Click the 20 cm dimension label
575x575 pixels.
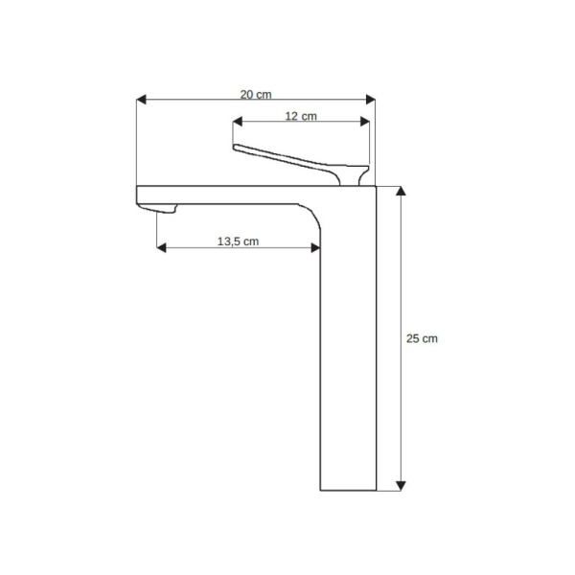256,95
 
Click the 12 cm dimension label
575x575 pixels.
301,116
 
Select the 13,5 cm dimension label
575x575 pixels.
238,241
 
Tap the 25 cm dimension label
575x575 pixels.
422,338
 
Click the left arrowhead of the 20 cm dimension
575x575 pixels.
141,100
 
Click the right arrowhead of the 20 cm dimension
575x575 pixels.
370,100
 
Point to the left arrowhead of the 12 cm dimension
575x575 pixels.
238,122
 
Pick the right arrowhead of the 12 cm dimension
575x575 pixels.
364,122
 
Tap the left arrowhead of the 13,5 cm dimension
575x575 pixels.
161,248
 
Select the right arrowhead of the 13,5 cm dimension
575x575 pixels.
315,248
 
